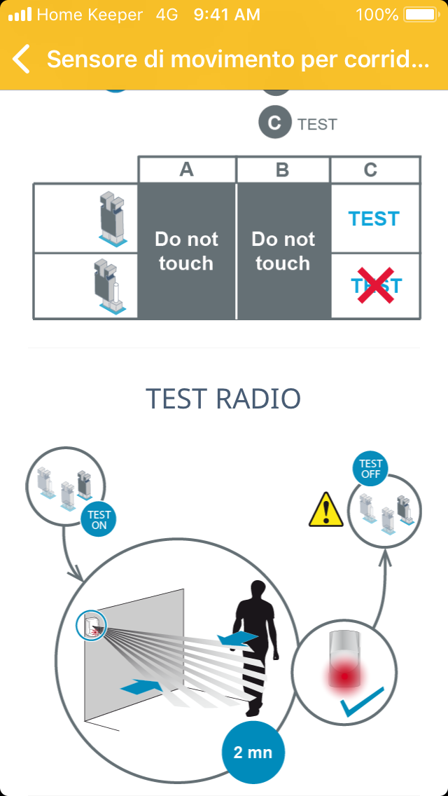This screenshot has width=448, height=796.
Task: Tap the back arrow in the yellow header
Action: click(21, 59)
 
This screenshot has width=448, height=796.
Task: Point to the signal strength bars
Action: click(20, 14)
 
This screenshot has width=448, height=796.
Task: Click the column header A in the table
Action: click(186, 170)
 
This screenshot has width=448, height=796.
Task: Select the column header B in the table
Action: click(283, 170)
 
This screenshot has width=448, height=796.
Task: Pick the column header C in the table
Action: click(370, 170)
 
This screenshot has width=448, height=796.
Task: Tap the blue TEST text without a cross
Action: click(374, 219)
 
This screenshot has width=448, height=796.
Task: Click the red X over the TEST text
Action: click(376, 285)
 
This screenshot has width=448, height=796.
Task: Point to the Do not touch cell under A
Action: click(186, 251)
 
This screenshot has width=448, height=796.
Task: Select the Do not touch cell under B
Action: click(283, 251)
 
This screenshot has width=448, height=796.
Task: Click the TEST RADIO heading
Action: click(223, 399)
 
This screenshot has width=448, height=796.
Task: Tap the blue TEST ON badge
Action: click(99, 520)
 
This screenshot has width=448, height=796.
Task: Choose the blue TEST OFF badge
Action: click(370, 469)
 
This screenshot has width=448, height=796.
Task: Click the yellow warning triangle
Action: click(326, 509)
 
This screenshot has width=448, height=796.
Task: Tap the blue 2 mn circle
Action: click(253, 753)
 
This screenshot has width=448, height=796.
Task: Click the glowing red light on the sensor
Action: click(345, 676)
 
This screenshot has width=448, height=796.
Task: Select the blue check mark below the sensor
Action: click(363, 702)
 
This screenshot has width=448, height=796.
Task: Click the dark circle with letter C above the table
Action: click(275, 123)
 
